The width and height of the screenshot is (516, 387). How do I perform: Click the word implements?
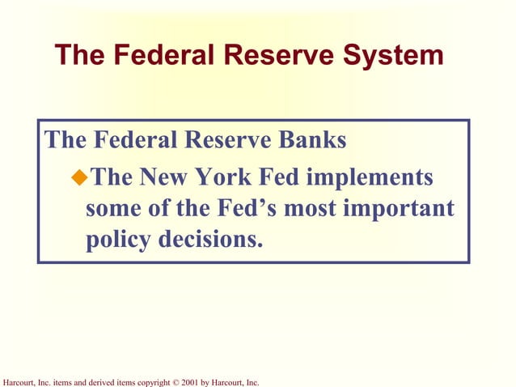[x=374, y=176]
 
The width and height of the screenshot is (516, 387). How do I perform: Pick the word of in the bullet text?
[x=150, y=209]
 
